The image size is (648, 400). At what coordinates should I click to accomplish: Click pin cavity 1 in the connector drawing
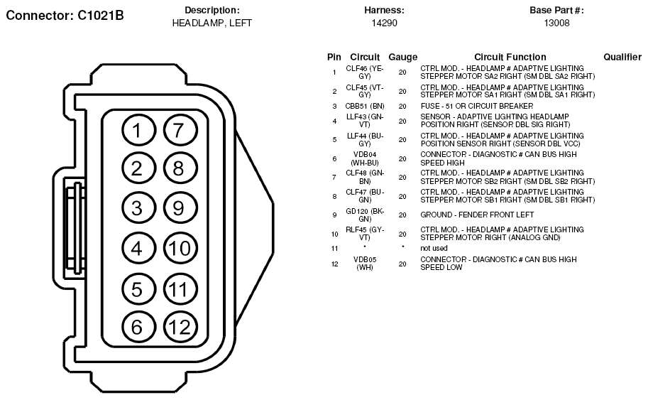pos(138,130)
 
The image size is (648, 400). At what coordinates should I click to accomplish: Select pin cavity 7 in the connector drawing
pos(180,130)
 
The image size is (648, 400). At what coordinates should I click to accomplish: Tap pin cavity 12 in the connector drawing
pos(180,327)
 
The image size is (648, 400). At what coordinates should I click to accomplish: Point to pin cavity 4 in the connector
pos(138,248)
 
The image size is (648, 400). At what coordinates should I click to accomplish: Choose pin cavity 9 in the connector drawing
pos(180,207)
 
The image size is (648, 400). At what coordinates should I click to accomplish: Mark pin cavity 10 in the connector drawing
pos(180,248)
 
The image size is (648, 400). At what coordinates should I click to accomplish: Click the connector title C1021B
pos(65,16)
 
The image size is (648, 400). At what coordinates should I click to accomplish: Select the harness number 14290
pos(385,23)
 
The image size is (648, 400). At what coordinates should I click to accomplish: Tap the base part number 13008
pos(556,23)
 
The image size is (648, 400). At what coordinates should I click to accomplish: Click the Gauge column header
pos(403,57)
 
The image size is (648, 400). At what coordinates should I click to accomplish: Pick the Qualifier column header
pos(622,57)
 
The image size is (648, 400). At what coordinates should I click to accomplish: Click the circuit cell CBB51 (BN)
pos(365,106)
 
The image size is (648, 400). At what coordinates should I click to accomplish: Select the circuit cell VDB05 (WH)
pos(365,264)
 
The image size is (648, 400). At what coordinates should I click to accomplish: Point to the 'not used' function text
pos(434,248)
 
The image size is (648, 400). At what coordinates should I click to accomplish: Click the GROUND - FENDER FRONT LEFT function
pos(478,215)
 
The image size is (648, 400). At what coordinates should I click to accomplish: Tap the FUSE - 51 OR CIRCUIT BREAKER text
pos(477,106)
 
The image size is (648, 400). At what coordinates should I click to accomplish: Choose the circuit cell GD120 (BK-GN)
pos(365,215)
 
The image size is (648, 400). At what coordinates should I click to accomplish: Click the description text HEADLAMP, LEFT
pos(212,23)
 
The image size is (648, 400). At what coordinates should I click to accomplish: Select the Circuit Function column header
pos(510,57)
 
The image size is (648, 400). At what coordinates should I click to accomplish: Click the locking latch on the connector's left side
pos(75,227)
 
